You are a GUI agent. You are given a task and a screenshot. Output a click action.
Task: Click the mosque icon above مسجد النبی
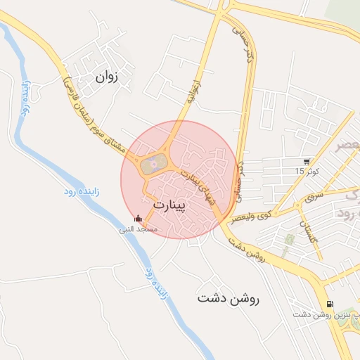click(137, 218)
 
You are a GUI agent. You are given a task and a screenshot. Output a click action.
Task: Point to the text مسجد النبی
click(138, 229)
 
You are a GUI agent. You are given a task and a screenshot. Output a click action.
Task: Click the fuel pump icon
click(329, 304)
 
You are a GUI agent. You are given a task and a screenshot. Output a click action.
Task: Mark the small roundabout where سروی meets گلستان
click(299, 203)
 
